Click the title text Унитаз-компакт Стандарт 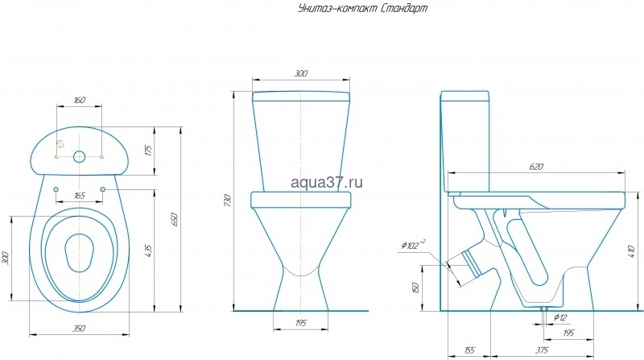click(x=362, y=8)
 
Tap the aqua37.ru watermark click(x=327, y=182)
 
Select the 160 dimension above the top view click(x=80, y=100)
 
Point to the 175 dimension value click(x=149, y=151)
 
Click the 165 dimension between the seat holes click(x=79, y=196)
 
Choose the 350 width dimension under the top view click(x=79, y=329)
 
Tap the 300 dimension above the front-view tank click(x=301, y=73)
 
